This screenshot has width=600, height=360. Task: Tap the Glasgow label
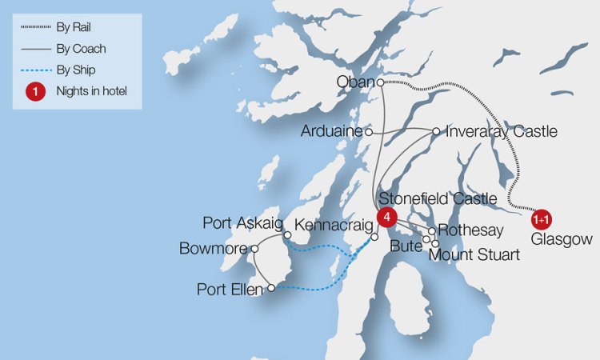tap(562, 238)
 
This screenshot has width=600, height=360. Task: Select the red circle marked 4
tap(386, 217)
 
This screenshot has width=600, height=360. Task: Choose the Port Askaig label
tap(242, 222)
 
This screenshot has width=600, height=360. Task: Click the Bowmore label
tap(213, 248)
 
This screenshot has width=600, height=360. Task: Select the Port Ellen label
tap(230, 289)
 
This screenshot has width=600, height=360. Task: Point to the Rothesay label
tap(471, 231)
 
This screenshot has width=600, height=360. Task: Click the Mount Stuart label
tap(474, 255)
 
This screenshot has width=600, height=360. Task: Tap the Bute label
tap(405, 247)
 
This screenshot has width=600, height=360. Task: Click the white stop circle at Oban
tap(380, 82)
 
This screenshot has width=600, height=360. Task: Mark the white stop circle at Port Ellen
tap(271, 288)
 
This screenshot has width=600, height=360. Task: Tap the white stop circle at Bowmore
tap(254, 248)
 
